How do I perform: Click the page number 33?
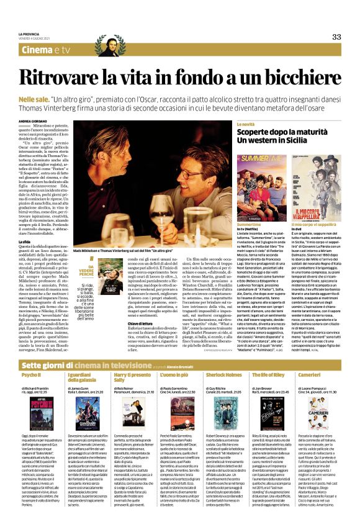click(x=336, y=37)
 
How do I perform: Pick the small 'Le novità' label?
click(x=245, y=125)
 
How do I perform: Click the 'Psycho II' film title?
click(x=30, y=376)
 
